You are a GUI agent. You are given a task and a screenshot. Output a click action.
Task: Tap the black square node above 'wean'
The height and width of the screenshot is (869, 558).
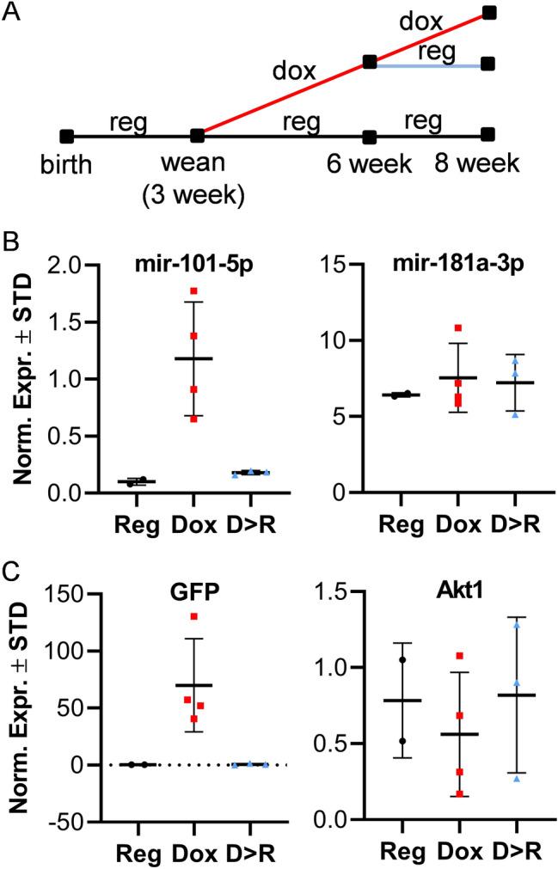point(198,136)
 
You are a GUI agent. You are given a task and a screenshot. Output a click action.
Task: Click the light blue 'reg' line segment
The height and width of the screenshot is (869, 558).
point(430,64)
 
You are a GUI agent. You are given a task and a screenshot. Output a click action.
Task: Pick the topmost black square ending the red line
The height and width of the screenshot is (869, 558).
point(489,12)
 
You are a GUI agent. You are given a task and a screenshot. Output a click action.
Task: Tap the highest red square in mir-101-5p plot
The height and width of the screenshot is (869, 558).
point(194,291)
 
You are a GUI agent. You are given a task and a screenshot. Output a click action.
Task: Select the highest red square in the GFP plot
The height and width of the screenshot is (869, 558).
point(194,616)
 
